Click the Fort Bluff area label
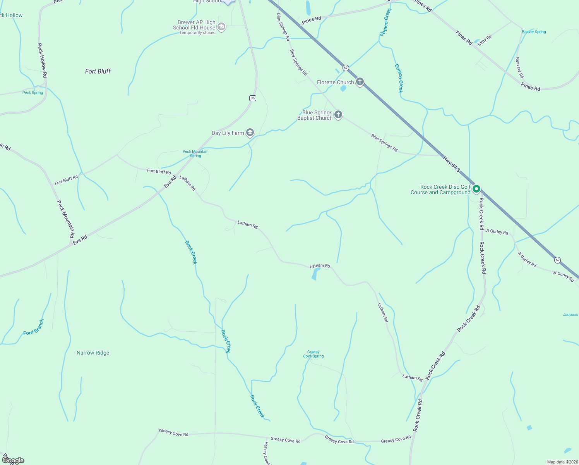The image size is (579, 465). [x=98, y=71]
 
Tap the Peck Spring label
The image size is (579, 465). [x=33, y=93]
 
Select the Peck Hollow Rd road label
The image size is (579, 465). [x=42, y=60]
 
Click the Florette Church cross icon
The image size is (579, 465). [x=360, y=82]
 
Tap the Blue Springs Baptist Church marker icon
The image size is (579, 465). [x=338, y=115]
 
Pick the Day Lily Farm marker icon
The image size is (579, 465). [x=250, y=133]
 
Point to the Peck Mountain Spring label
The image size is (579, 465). [x=195, y=153]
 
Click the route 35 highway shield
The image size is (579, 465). [x=253, y=98]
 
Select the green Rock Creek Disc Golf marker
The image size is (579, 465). [x=477, y=189]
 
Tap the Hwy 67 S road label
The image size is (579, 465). [x=452, y=164]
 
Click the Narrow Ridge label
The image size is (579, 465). [x=93, y=353]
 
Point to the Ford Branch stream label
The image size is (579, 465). [x=34, y=327]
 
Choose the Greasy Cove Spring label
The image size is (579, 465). [x=313, y=354]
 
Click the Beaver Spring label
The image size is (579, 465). [x=534, y=32]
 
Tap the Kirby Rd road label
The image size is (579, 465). [x=485, y=40]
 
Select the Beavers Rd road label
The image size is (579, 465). [x=519, y=68]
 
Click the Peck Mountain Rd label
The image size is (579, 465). [x=66, y=219]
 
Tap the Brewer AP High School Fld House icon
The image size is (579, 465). [x=221, y=27]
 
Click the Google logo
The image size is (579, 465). [x=13, y=460]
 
